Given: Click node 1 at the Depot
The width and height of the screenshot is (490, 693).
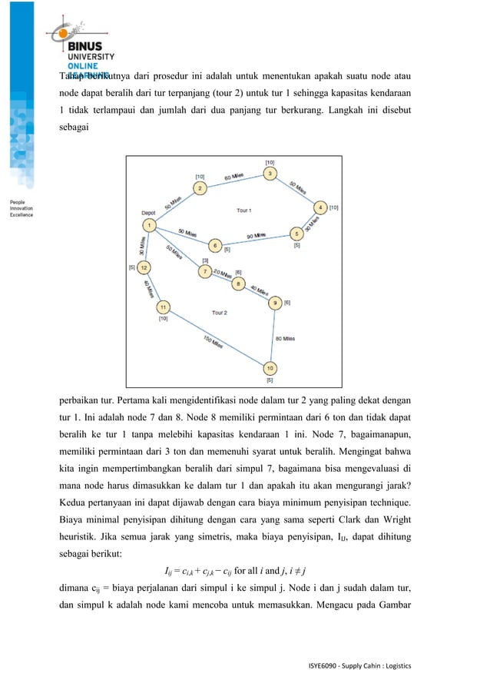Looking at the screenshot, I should coord(149,225).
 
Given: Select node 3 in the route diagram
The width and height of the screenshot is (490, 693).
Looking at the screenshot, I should coord(270,174).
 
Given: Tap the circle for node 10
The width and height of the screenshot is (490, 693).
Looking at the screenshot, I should coord(270,368).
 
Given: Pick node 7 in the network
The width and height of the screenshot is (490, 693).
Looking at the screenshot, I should coord(204,272).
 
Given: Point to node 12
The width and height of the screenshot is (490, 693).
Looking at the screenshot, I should coord(144,267).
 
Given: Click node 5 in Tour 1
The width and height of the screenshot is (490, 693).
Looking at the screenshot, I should coord(296,234).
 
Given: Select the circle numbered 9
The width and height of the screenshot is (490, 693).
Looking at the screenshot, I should coord(276,303).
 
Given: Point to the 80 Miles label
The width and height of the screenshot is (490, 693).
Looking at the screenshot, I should coord(284,337).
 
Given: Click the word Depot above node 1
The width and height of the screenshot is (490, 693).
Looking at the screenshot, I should coord(149,213).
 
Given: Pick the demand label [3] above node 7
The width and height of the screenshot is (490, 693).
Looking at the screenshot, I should coord(205,261).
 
